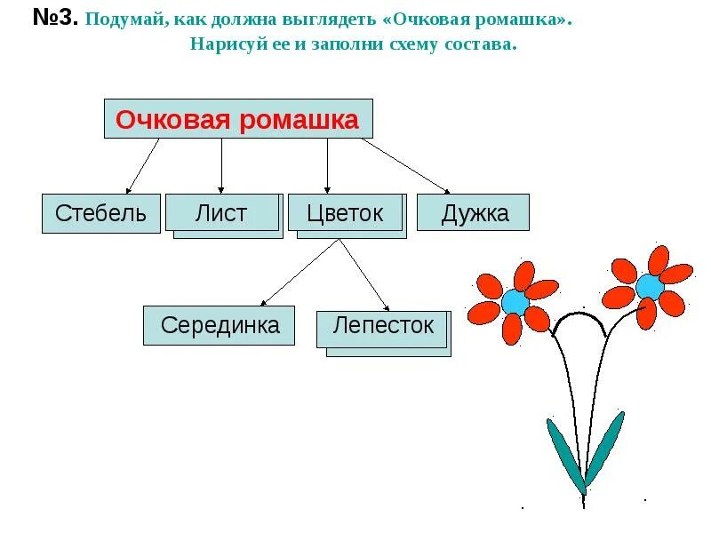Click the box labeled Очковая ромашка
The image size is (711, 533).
[238, 119]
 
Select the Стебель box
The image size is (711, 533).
[100, 213]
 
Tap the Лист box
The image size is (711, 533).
[221, 213]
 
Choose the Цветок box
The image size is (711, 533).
[344, 213]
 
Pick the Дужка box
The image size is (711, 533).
[473, 213]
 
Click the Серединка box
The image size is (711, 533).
[219, 325]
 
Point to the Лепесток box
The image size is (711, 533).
[382, 326]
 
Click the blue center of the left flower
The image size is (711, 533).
[515, 302]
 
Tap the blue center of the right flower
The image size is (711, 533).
[649, 287]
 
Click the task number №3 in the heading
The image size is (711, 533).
[56, 19]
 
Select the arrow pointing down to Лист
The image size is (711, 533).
[221, 166]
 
